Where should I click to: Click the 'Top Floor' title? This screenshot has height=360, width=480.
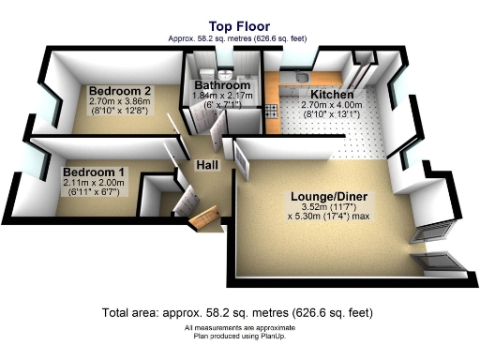239,28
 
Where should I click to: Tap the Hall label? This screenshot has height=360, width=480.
207,166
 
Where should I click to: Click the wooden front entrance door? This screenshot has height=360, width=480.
205,220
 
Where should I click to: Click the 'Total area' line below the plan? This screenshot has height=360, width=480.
239,312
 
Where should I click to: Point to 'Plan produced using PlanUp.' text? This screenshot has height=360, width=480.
239,335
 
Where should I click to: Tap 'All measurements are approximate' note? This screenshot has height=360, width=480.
239,326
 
